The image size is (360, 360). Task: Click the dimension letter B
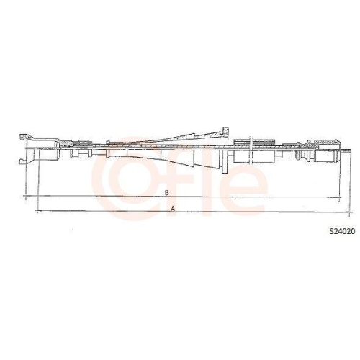point(166,192)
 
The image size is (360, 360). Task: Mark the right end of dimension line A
point(341,212)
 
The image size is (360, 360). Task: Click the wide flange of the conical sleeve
point(226,150)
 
